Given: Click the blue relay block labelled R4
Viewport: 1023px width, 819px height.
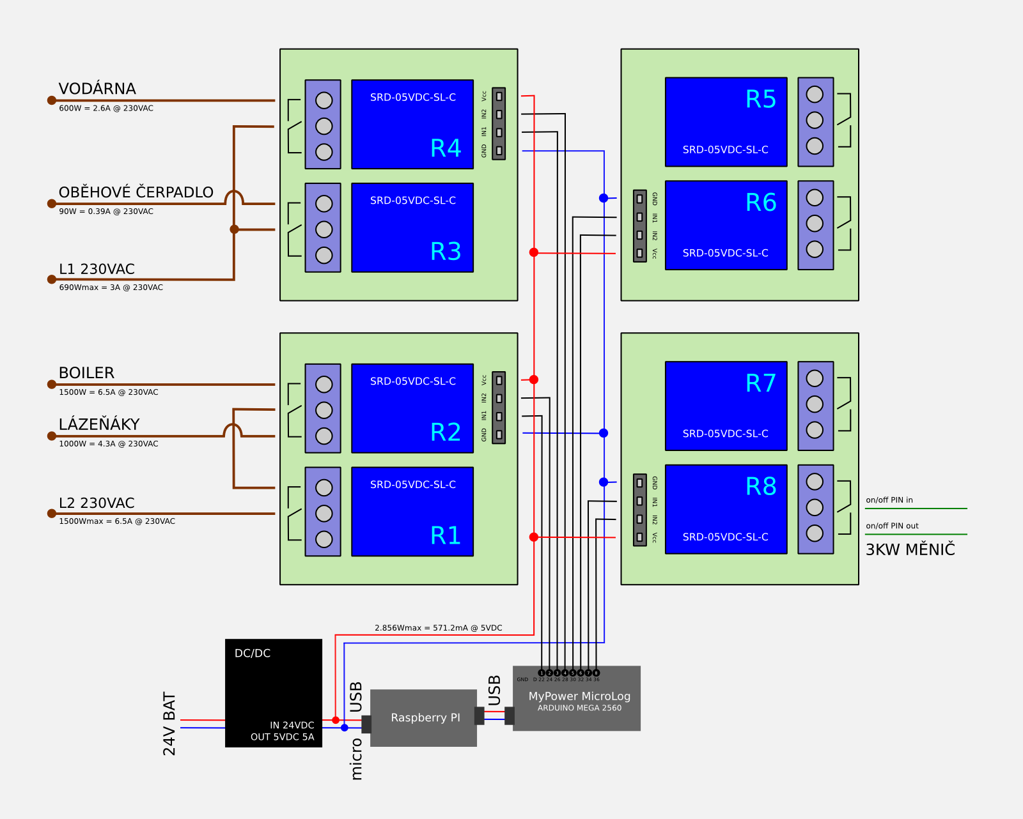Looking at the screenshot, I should tap(412, 124).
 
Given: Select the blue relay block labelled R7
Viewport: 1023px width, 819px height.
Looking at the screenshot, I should tap(726, 406).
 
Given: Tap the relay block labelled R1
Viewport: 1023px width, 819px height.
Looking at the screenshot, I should tap(412, 511).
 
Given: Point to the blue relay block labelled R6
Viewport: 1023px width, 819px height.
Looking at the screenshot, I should tap(726, 225).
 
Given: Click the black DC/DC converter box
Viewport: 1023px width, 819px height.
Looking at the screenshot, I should tap(274, 693).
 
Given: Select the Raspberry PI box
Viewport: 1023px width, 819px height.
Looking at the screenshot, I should tap(424, 717).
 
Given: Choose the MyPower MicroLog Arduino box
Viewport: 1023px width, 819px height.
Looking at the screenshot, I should tap(577, 700).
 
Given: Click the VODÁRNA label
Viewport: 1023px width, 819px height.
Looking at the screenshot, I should tap(97, 89).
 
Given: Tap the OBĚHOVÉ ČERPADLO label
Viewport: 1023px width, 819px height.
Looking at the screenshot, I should tap(136, 192).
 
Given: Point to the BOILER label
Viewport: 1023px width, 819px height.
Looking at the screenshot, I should tap(86, 373).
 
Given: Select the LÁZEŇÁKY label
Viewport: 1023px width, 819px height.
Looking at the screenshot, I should tap(99, 425).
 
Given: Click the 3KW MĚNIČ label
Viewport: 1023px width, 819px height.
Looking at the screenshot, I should tap(910, 550).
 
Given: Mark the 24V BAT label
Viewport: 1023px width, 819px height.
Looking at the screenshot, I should tap(169, 723).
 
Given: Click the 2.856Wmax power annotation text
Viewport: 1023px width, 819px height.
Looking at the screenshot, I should tap(438, 628).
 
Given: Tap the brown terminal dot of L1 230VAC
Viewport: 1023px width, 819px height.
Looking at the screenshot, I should tap(52, 279).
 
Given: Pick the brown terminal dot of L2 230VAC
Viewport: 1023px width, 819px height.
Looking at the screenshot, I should tap(52, 514).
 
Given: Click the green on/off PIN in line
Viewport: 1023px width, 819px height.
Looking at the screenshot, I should tap(916, 509).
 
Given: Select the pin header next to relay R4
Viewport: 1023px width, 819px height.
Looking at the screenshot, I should tap(499, 123).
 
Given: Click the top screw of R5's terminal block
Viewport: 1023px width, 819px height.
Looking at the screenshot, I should tap(815, 95).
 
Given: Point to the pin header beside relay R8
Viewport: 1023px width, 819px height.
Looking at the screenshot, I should tap(639, 509).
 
